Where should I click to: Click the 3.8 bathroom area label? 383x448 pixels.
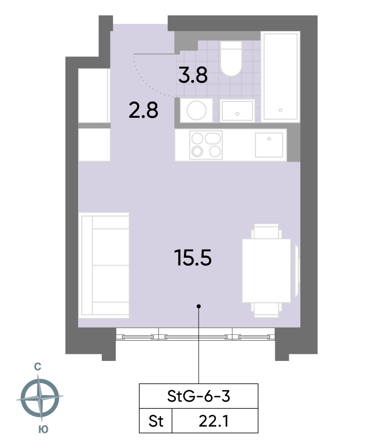(x=193, y=76)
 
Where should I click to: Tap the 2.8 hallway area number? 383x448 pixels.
(x=143, y=111)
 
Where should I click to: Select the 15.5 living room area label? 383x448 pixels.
(x=193, y=258)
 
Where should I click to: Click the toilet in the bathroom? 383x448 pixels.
(x=231, y=58)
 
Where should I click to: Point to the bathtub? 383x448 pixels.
(x=280, y=77)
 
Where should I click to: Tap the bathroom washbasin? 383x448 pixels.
(x=237, y=111)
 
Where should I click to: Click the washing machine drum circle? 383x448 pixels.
(x=197, y=110)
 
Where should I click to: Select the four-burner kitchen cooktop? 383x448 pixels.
(x=206, y=145)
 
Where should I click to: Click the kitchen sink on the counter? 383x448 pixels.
(x=269, y=145)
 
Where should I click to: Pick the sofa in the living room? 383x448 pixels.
(x=104, y=265)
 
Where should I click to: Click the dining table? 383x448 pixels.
(x=266, y=271)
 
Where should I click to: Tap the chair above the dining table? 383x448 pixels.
(x=266, y=232)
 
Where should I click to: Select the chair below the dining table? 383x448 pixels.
(x=266, y=310)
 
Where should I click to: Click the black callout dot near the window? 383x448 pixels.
(x=199, y=306)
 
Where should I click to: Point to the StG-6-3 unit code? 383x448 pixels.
(x=199, y=396)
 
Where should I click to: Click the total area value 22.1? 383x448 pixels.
(x=214, y=421)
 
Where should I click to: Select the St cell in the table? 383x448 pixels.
(x=156, y=421)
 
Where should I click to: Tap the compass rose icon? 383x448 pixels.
(x=40, y=398)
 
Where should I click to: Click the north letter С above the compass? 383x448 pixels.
(x=37, y=366)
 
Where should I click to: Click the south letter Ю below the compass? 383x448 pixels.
(x=43, y=429)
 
